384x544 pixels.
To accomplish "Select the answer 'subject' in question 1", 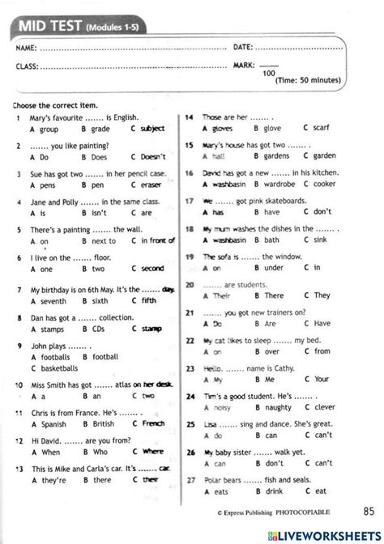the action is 152,129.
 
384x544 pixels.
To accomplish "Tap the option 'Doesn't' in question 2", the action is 153,156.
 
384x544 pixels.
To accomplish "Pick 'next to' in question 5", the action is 104,240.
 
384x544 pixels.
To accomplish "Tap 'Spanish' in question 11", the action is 52,423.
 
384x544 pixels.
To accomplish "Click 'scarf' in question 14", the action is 322,127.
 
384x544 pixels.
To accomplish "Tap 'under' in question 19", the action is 273,268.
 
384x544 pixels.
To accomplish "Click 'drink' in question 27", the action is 274,491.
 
